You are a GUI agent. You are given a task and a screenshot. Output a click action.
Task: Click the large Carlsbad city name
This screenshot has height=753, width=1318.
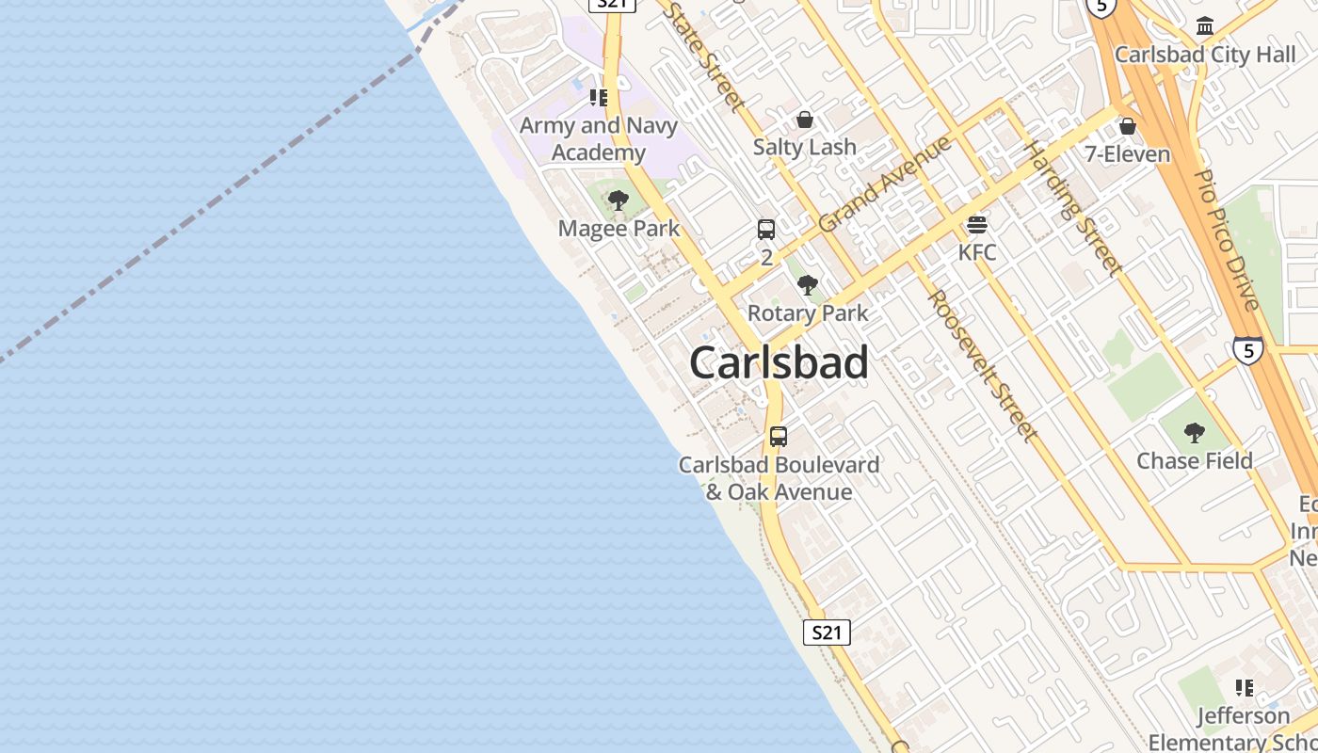coord(779,363)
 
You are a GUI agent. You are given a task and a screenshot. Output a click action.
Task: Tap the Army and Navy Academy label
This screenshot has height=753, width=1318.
coord(599,138)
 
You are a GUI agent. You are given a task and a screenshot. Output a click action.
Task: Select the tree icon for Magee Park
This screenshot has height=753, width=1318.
coord(618,200)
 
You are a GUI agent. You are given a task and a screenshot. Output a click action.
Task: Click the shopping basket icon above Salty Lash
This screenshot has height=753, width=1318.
coord(805,120)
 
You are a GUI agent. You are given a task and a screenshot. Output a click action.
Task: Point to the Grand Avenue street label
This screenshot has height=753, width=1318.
coord(885,184)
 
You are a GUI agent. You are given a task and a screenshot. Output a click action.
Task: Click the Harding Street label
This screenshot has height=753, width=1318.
coord(1073,207)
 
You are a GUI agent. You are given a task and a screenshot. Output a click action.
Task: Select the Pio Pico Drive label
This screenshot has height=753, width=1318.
coord(1226,239)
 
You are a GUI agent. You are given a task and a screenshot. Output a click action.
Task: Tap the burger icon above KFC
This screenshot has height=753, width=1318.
coord(976,226)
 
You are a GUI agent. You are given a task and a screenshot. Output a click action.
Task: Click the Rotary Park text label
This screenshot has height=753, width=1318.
coord(808,312)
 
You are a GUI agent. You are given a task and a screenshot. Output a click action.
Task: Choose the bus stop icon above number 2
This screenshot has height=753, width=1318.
coord(766,229)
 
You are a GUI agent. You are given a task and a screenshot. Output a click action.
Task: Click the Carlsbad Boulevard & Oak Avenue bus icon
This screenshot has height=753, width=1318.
coord(779,436)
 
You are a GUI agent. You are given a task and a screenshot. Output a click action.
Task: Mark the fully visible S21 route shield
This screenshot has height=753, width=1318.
coord(827,633)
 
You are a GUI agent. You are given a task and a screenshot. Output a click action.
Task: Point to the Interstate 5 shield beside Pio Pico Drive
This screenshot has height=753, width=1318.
coord(1247,350)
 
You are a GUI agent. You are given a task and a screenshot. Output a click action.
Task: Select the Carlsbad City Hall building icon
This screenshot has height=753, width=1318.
coord(1204,26)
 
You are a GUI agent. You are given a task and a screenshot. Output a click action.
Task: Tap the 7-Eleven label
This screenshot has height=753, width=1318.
coord(1128,153)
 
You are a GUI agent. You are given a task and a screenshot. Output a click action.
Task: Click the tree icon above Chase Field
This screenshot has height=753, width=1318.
coord(1195,433)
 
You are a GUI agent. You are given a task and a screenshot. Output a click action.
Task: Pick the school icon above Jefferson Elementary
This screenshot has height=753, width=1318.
coord(1245,688)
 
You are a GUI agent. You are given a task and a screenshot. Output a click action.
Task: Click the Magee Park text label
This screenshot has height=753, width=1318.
coord(619,228)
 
